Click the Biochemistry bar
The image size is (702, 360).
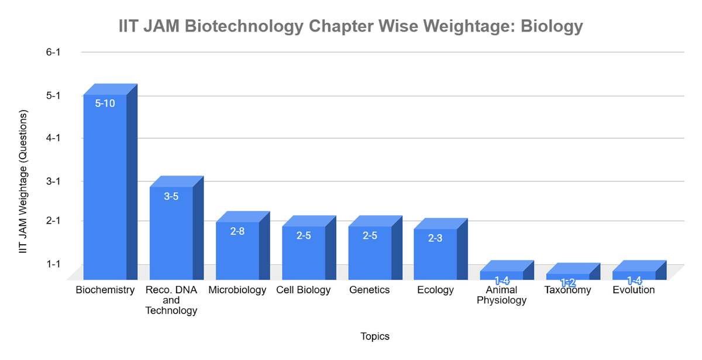click(105, 187)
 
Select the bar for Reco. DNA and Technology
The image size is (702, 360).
click(171, 234)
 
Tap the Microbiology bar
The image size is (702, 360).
click(238, 252)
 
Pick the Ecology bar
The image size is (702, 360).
click(435, 255)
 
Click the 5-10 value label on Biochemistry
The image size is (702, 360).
click(105, 103)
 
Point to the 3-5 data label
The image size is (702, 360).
click(171, 197)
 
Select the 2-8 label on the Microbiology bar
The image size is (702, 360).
click(238, 231)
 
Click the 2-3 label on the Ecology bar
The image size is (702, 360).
click(435, 238)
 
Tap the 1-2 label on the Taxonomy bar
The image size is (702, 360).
click(568, 283)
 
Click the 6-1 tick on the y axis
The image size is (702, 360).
click(53, 52)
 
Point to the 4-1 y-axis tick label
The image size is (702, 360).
click(53, 138)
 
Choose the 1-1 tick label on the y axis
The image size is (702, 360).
click(53, 264)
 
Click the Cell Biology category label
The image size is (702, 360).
click(304, 290)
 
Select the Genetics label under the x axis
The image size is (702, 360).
click(369, 290)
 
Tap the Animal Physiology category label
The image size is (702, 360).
click(501, 296)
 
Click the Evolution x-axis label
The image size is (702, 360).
click(634, 290)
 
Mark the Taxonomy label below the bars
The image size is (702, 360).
click(567, 290)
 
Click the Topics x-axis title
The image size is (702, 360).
click(375, 337)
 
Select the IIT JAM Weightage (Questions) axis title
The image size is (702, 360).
click(23, 181)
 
